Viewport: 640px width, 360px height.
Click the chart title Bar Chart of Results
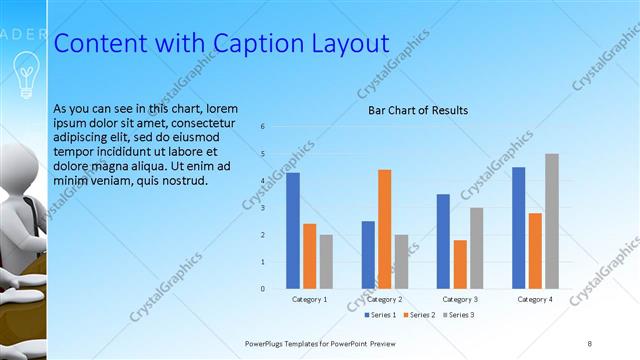418,110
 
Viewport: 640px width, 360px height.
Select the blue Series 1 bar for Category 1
293,230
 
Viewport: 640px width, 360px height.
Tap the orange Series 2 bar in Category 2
384,229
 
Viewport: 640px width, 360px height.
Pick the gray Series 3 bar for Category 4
551,221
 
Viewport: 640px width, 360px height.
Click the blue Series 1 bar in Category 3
443,241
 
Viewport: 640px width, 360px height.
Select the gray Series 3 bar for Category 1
326,261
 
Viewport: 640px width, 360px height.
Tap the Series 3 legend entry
458,315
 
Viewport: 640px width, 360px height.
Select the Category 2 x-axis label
384,299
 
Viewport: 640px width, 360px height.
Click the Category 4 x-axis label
534,299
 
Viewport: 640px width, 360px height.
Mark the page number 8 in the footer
589,343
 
